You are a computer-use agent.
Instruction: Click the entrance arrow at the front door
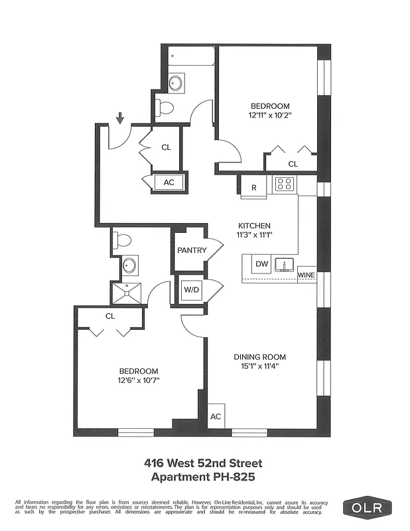tap(120, 119)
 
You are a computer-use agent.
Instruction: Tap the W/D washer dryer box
tap(190, 290)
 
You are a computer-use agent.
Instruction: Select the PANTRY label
tap(192, 250)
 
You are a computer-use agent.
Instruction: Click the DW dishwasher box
tap(262, 264)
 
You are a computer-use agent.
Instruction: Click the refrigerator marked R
tap(253, 187)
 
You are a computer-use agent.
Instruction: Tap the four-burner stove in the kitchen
tap(285, 184)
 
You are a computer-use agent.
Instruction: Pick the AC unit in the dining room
tap(216, 416)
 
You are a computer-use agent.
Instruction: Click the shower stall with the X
tap(126, 291)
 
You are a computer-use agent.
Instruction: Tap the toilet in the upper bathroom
tap(166, 107)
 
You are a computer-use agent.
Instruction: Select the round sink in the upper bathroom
tap(176, 83)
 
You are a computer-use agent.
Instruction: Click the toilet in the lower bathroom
tap(123, 240)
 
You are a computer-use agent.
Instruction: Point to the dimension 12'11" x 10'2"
tap(270, 115)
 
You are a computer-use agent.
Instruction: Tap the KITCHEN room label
tap(254, 226)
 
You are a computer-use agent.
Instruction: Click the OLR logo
tap(367, 508)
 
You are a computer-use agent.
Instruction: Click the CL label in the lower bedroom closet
tap(110, 316)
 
